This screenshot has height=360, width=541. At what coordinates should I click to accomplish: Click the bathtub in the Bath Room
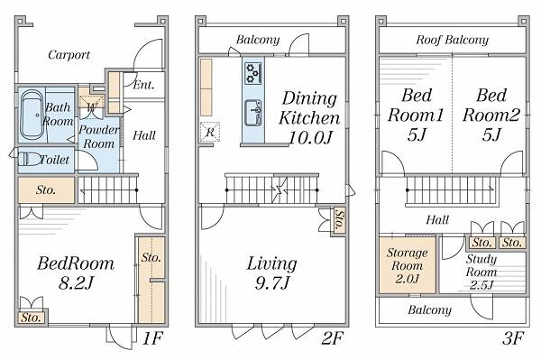pos(32,115)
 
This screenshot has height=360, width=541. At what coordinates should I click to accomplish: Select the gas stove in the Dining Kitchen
pos(252,74)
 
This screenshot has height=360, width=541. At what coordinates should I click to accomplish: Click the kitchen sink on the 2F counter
pos(252,114)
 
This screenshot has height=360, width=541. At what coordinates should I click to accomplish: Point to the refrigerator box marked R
pos(210,132)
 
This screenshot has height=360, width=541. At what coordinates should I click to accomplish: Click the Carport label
pos(69,54)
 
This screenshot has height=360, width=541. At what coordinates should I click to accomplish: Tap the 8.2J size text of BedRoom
pos(76,283)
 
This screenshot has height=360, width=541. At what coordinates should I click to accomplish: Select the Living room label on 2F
pos(272,263)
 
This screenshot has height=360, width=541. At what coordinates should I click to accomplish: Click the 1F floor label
pos(152,338)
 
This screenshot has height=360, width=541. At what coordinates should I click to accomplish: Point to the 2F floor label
pos(331,338)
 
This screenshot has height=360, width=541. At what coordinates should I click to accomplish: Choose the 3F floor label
pos(513,338)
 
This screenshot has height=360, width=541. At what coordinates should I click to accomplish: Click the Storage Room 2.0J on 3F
pos(408,265)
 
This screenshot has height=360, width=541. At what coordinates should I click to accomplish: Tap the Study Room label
pos(481,265)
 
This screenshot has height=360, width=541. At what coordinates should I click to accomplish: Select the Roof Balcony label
pos(453,40)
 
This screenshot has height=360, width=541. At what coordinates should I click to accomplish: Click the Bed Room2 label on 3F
pos(491,105)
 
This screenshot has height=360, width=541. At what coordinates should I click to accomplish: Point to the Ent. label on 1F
pos(143,85)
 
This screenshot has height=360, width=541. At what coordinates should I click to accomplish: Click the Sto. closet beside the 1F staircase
pos(46,189)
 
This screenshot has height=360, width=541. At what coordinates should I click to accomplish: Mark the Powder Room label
pos(98,136)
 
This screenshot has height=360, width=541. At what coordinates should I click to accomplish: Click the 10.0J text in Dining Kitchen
pos(310,138)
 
